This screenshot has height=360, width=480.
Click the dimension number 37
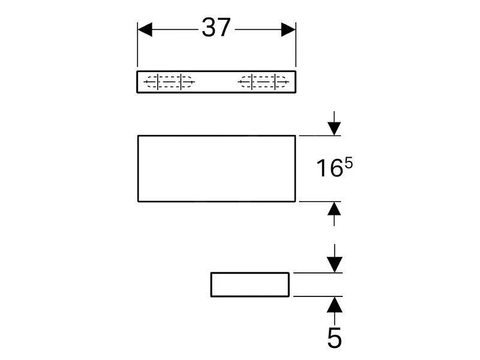coord(216,28)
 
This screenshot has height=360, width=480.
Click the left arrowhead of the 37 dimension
coord(145,29)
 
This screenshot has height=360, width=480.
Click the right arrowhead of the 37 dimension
coord(289,29)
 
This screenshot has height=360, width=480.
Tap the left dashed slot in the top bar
coord(169,82)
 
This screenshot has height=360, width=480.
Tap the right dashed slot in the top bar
coord(263,82)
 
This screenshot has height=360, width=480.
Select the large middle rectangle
coord(217,169)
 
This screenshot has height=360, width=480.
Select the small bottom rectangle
coord(250,284)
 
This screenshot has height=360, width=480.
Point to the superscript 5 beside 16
coord(349,164)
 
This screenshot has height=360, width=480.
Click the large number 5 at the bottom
coord(334,338)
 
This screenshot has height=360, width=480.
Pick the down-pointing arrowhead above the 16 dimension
coord(334,128)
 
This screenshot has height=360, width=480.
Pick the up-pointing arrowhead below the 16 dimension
coord(334,208)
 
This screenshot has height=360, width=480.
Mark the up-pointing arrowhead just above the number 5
coord(335,304)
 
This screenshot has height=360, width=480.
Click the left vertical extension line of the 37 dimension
coord(137,44)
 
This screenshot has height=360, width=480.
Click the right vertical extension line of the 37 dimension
coord(296,44)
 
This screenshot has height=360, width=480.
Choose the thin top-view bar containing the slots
coord(217,82)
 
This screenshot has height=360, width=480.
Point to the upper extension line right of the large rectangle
coord(320,136)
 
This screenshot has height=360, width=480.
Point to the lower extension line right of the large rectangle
coord(320,202)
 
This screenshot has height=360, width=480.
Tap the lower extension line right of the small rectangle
coord(318,296)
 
